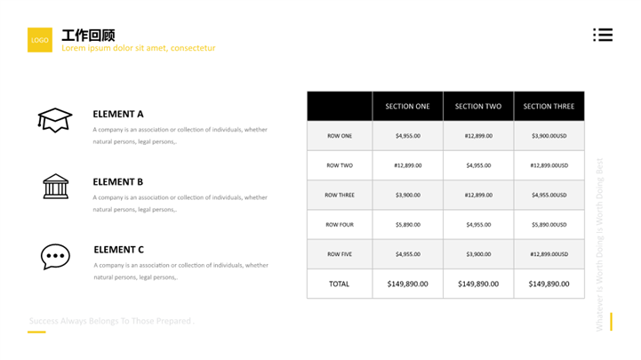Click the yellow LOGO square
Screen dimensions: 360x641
pyautogui.click(x=39, y=40)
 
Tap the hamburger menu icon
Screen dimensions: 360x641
pyautogui.click(x=603, y=35)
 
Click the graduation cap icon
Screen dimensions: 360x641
pyautogui.click(x=54, y=119)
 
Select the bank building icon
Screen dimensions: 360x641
pyautogui.click(x=55, y=186)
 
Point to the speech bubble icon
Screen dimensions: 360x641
pyautogui.click(x=55, y=256)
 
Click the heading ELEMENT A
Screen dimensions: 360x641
pyautogui.click(x=118, y=114)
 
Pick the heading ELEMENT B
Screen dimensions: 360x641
pyautogui.click(x=118, y=182)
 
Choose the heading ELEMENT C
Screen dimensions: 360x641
pyautogui.click(x=118, y=250)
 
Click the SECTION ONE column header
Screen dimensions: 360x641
pyautogui.click(x=407, y=107)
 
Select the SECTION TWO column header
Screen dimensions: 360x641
pyautogui.click(x=478, y=107)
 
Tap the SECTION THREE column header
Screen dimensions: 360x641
pyautogui.click(x=549, y=107)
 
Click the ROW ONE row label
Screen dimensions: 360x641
pyautogui.click(x=340, y=136)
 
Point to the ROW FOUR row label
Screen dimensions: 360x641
pyautogui.click(x=340, y=225)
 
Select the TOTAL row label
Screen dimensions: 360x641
pyautogui.click(x=339, y=284)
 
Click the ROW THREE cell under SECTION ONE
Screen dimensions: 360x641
pyautogui.click(x=407, y=195)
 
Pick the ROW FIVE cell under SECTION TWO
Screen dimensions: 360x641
pyautogui.click(x=478, y=254)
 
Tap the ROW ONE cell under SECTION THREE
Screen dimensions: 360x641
pyautogui.click(x=549, y=136)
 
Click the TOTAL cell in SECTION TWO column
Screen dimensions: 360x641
pyautogui.click(x=478, y=284)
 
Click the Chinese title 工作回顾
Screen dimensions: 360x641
pyautogui.click(x=88, y=36)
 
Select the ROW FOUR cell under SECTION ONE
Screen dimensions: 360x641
pyautogui.click(x=407, y=225)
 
